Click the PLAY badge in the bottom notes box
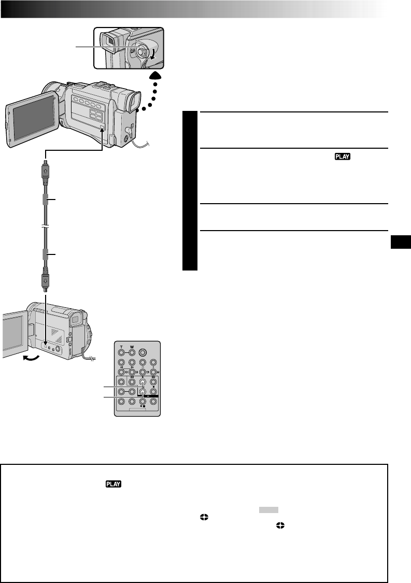pos(113,484)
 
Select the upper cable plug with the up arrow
pos(46,172)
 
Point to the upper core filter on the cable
pos(46,200)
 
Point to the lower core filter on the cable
pos(46,254)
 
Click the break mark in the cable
pos(46,227)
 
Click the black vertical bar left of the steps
pos(190,191)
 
